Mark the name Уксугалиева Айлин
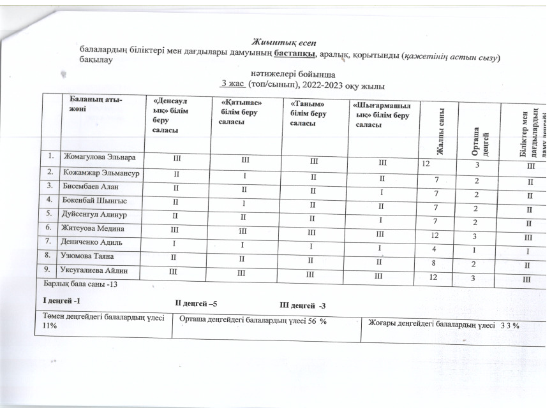click(101, 271)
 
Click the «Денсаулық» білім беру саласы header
click(168, 115)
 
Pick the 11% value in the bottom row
click(50, 326)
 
